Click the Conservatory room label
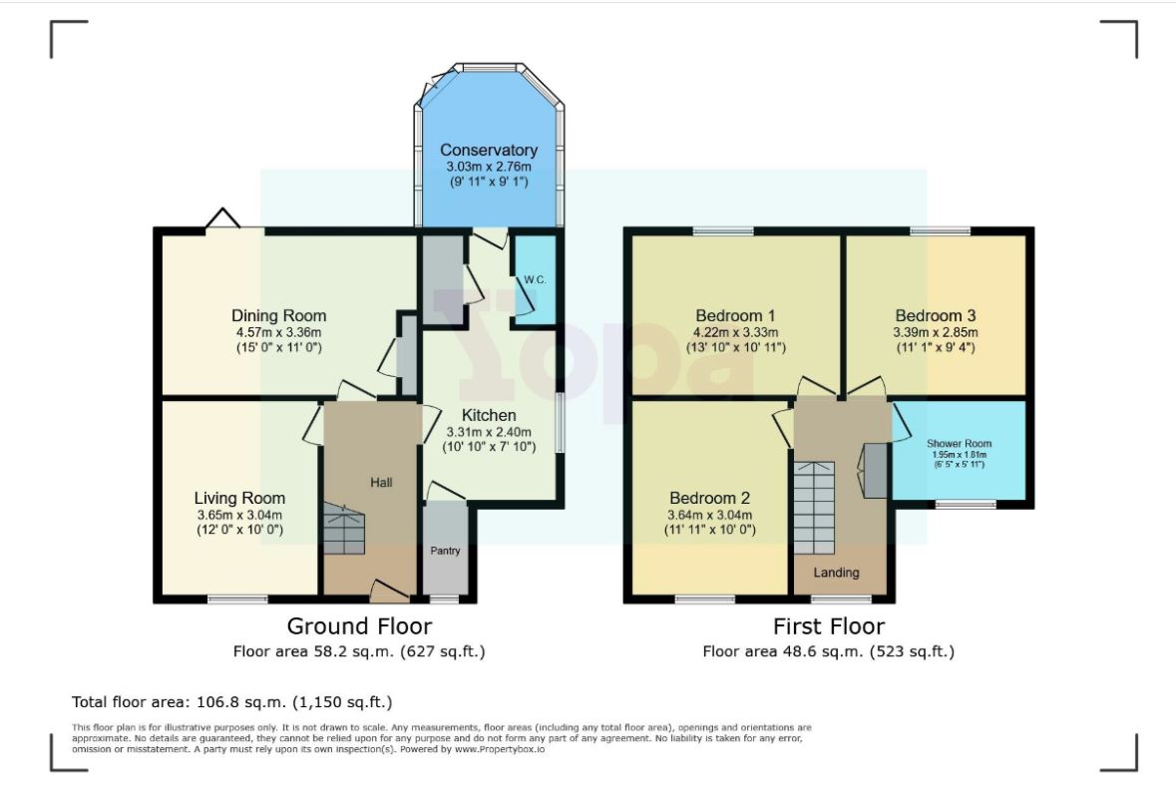(488, 150)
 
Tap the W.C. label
(535, 279)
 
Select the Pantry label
(445, 551)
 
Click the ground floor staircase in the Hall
(344, 529)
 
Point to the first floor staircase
(814, 508)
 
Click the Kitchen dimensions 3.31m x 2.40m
(488, 432)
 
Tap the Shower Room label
(959, 443)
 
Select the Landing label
(836, 573)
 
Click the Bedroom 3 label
(936, 316)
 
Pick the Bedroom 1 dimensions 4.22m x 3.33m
(735, 332)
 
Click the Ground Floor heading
(359, 625)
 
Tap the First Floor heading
(829, 625)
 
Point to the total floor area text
(231, 702)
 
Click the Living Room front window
(237, 599)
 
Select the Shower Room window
(966, 504)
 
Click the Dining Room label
(278, 316)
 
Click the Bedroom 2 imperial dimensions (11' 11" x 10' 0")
(709, 531)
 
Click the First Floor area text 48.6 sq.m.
(829, 651)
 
